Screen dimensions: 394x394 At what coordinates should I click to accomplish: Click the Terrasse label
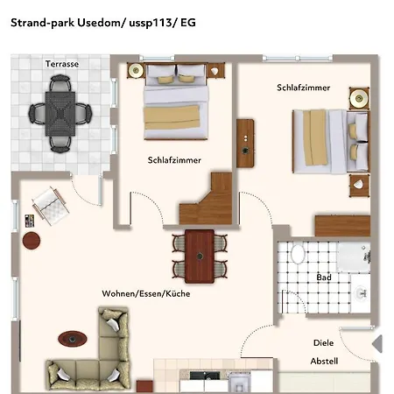62,64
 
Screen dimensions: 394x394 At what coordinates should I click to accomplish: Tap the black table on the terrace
60,114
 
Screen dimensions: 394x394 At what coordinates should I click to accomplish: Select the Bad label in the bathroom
324,277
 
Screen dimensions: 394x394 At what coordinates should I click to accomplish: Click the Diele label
323,342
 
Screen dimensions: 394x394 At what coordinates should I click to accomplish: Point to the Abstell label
324,361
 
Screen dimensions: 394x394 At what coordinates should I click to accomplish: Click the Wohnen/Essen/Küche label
146,293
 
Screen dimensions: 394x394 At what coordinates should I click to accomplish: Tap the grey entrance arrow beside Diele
377,344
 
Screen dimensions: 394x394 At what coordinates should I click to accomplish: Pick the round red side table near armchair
32,241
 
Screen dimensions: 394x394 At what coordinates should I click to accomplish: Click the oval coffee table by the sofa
73,339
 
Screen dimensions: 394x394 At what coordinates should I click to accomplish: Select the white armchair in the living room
51,206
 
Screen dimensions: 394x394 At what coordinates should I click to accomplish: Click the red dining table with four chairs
200,257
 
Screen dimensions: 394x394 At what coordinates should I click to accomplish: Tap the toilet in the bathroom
298,254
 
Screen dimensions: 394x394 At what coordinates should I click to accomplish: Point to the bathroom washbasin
362,292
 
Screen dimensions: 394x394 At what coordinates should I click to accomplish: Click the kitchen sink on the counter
205,376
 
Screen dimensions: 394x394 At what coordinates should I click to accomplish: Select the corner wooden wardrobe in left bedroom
207,199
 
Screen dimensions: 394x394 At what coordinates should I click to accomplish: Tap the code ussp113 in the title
151,23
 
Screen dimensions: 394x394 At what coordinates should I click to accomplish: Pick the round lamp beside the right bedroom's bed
359,98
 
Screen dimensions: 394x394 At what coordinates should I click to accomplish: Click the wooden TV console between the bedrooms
245,143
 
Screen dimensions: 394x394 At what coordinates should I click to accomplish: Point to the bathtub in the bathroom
354,257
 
